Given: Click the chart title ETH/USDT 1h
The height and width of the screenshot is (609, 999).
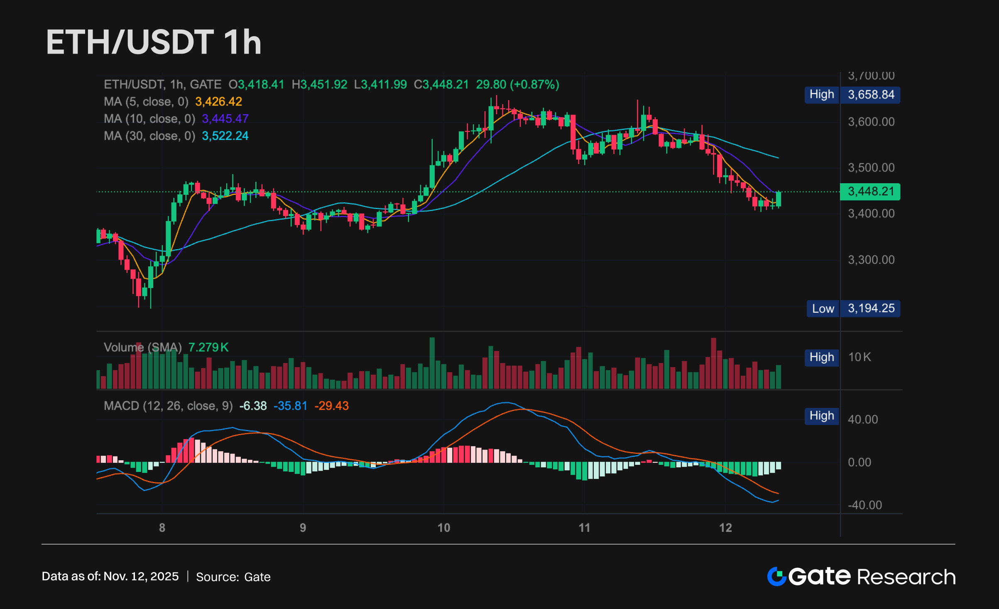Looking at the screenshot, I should click(154, 42).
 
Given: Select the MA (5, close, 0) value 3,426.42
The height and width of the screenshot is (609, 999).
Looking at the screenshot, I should click(218, 102).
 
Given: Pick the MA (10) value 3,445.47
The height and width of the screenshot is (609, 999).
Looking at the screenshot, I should click(225, 119).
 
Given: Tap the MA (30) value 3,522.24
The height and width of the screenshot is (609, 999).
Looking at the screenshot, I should click(225, 136).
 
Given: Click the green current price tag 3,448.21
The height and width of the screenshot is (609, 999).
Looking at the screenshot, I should click(870, 192).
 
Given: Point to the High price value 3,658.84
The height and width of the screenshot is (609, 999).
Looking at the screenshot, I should click(871, 95).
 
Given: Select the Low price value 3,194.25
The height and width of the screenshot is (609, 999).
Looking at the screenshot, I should click(871, 308).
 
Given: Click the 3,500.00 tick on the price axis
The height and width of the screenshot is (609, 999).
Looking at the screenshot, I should click(871, 168).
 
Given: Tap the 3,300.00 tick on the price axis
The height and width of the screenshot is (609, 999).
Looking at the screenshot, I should click(871, 260).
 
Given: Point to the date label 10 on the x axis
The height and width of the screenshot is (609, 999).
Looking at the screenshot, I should click(443, 528).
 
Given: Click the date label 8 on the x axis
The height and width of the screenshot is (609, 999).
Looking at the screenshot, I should click(162, 528).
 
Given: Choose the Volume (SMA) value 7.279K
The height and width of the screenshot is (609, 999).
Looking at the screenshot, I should click(208, 347).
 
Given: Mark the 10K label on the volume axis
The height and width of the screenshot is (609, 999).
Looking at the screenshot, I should click(859, 357).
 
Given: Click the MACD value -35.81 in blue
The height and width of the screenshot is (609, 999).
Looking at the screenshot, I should click(290, 406).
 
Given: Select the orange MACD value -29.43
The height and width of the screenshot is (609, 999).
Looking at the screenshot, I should click(331, 406).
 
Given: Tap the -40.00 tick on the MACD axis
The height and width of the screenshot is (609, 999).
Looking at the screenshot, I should click(864, 505).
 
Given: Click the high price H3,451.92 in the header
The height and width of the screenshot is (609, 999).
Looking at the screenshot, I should click(319, 85).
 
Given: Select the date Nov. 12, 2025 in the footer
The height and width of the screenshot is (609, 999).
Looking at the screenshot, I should click(141, 577).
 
